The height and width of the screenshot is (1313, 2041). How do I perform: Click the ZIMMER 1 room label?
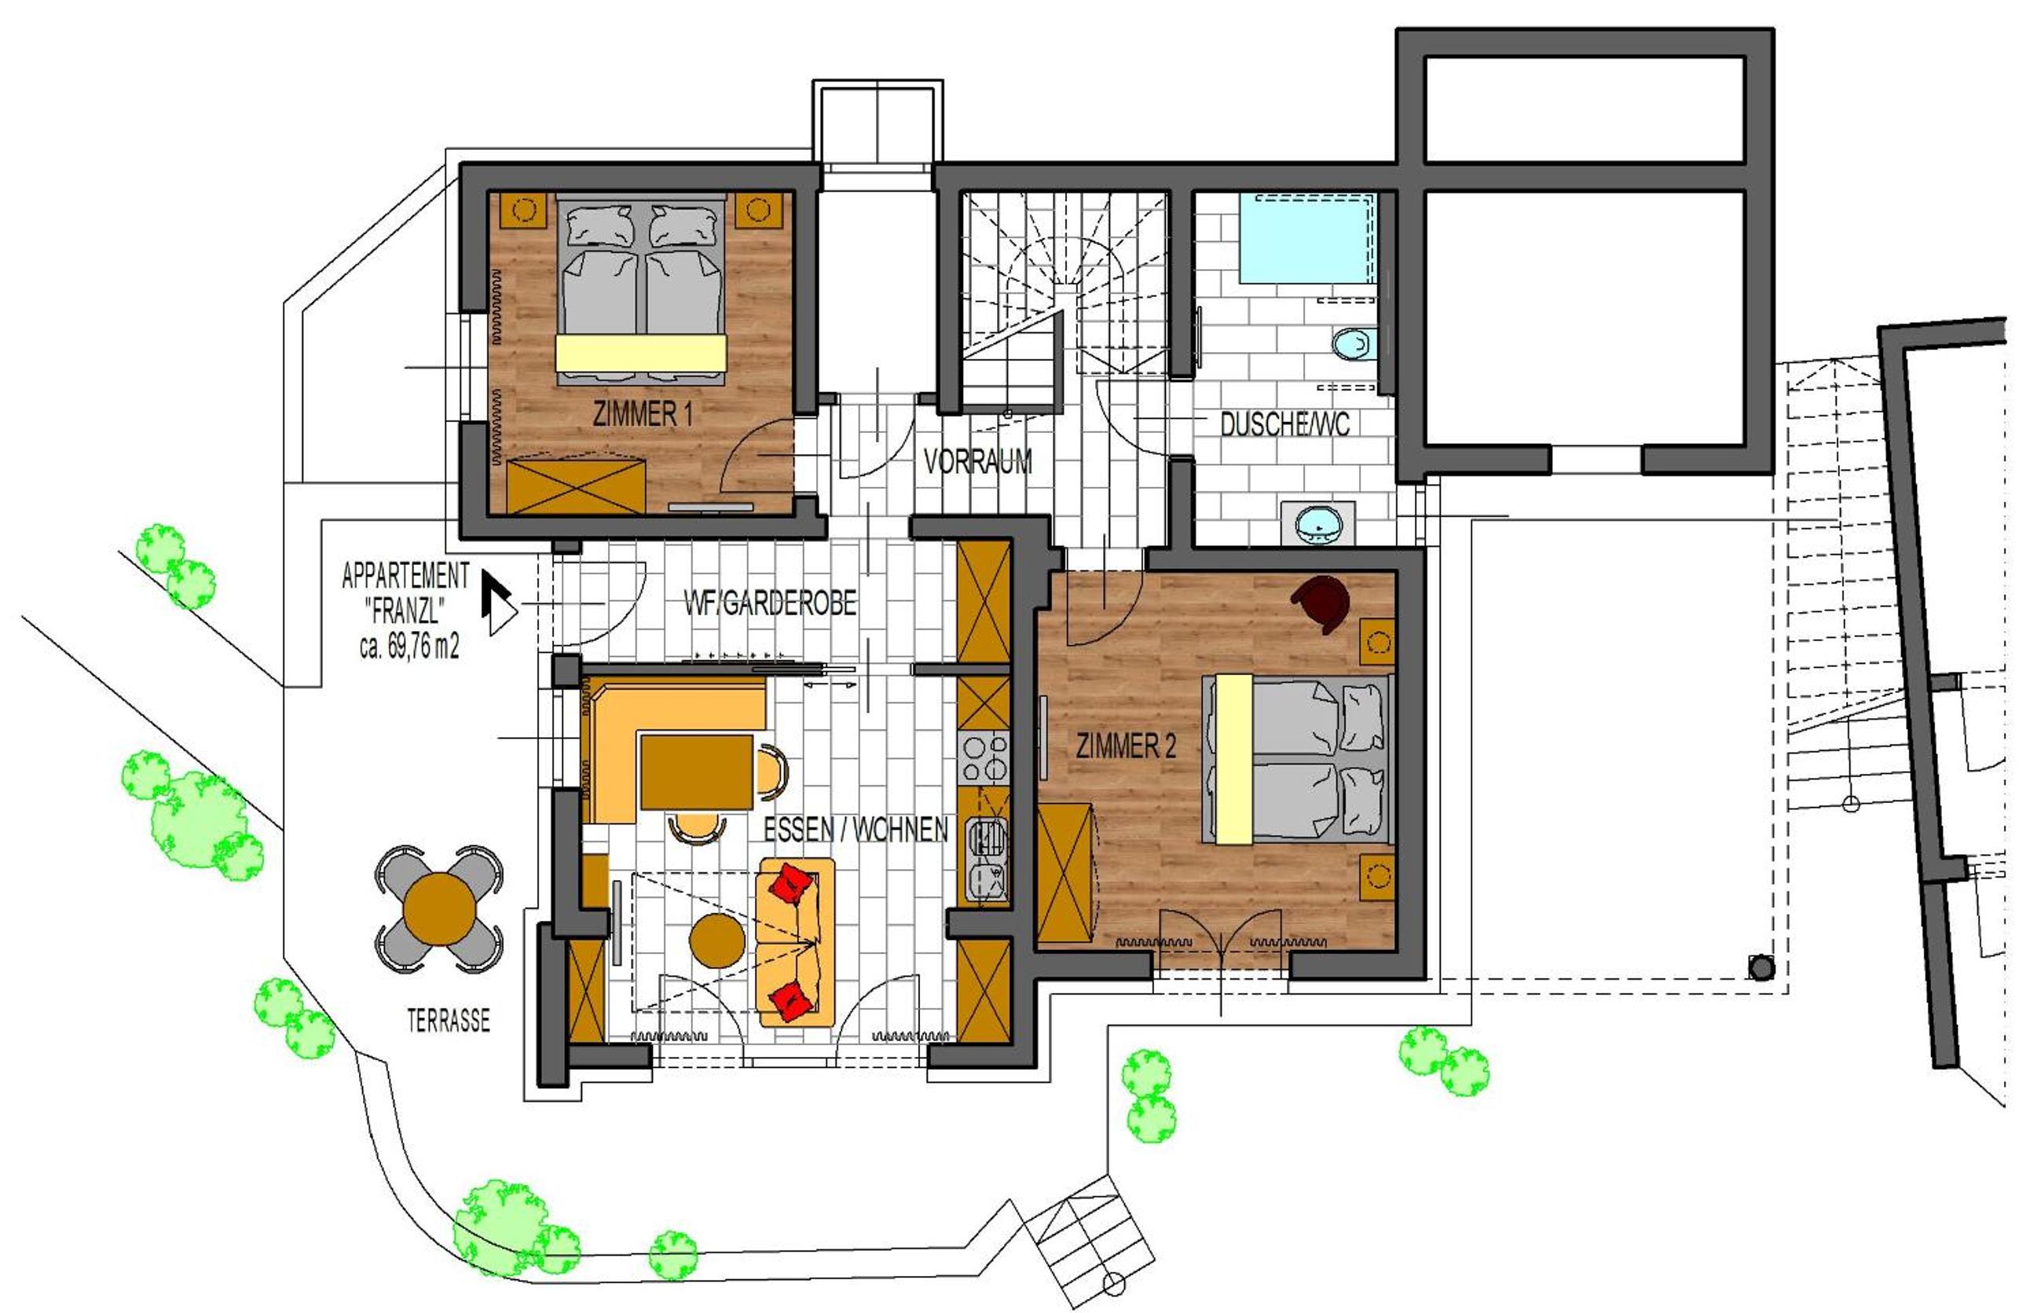(643, 414)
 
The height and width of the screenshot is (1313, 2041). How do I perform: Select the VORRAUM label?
(977, 461)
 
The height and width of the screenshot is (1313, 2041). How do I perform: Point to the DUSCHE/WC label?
(1284, 424)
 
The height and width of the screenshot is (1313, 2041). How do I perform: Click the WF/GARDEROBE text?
(770, 603)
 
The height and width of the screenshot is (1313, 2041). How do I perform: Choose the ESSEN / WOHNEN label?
(855, 829)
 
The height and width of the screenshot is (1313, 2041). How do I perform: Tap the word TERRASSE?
(449, 1021)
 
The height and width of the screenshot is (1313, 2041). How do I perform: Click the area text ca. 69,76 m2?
(409, 647)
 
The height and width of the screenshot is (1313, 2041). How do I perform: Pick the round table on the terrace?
(440, 909)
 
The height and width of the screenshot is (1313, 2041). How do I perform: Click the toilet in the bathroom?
(1354, 344)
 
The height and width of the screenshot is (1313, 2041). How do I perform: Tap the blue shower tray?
(1306, 238)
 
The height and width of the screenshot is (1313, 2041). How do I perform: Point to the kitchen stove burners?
(984, 759)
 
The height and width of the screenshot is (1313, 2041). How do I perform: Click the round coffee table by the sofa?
(717, 941)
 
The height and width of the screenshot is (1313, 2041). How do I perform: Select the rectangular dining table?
(696, 772)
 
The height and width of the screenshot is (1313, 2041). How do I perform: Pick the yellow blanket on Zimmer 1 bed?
(641, 353)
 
